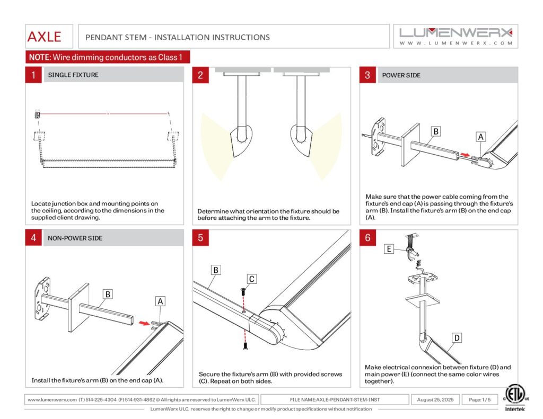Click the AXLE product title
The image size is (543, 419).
coord(45,37)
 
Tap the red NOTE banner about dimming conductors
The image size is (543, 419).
coord(108,57)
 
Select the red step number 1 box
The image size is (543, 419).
coord(33,75)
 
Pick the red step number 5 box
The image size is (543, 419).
coord(200,238)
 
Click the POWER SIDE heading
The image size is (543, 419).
coord(401,75)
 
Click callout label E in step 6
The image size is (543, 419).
coord(390,248)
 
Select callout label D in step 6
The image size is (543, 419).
coord(456,337)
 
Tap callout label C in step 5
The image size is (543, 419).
coord(252,279)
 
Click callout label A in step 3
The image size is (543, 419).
coord(480,137)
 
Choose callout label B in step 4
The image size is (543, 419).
coord(108,293)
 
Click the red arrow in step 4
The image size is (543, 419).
coord(143,322)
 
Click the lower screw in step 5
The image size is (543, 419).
coord(244,346)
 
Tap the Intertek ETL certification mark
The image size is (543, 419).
coord(513,398)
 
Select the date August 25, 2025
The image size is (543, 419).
coord(435,399)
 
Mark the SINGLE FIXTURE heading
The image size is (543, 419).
coord(73,75)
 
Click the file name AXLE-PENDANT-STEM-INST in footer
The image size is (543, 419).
coord(335,399)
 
